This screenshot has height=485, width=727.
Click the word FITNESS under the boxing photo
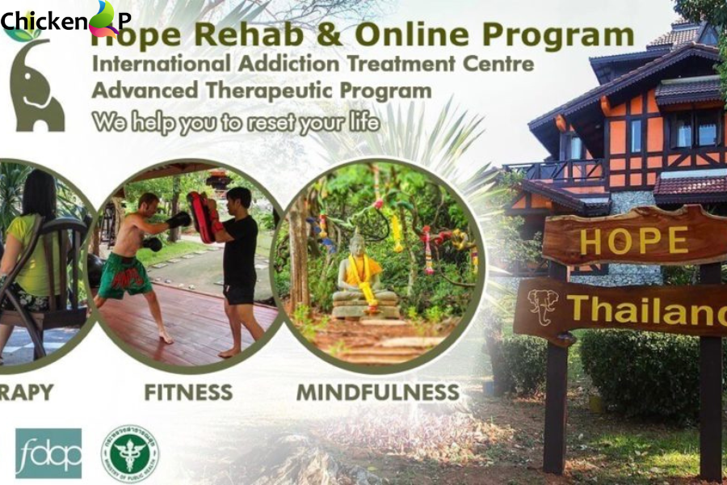click(188, 392)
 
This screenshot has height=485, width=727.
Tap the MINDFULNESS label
click(378, 392)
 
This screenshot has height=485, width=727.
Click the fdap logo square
click(48, 453)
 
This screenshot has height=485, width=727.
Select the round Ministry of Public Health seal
click(129, 453)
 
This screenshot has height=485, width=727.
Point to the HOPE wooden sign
click(634, 239)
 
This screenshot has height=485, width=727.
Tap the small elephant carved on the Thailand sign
click(543, 306)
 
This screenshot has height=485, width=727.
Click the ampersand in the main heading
click(330, 36)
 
